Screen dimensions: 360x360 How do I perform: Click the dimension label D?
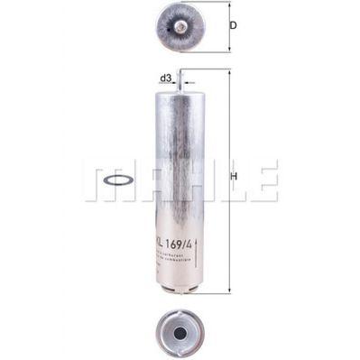pyautogui.click(x=234, y=26)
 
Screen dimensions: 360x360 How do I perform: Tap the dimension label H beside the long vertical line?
pyautogui.click(x=234, y=177)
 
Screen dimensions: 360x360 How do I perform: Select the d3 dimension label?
pyautogui.click(x=166, y=78)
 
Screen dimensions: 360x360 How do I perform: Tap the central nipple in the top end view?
pyautogui.click(x=180, y=26)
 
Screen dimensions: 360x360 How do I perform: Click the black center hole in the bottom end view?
pyautogui.click(x=180, y=331)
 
